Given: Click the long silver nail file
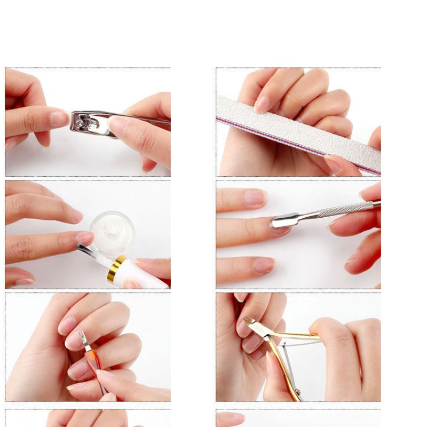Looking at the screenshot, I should click(x=299, y=131).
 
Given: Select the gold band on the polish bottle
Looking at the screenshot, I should click(x=116, y=268).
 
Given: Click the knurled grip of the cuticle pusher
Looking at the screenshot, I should click(x=347, y=209).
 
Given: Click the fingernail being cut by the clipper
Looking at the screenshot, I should click(x=60, y=118).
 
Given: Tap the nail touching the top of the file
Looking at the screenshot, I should click(x=262, y=105).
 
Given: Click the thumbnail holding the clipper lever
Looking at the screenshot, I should click(x=118, y=126).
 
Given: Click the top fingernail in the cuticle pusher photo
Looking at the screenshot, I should click(x=256, y=197).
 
